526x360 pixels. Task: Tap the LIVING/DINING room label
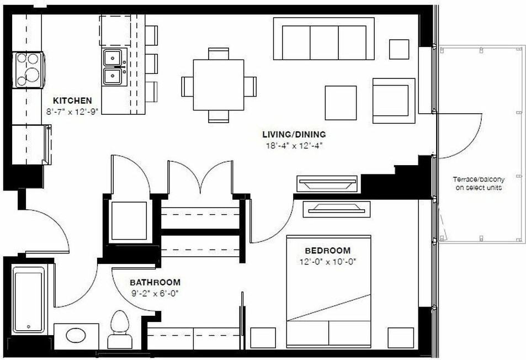click(x=294, y=134)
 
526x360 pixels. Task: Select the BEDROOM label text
click(x=328, y=250)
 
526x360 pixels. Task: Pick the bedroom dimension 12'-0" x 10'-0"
click(x=328, y=261)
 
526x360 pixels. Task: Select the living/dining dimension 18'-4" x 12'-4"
click(x=294, y=146)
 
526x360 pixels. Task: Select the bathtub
click(x=29, y=300)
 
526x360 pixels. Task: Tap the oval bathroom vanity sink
click(x=76, y=336)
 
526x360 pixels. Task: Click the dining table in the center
click(x=219, y=85)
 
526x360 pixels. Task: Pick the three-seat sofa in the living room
click(x=323, y=39)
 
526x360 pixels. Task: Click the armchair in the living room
click(x=394, y=100)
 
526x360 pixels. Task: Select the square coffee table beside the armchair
click(x=341, y=103)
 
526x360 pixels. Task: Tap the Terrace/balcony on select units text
click(x=479, y=184)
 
